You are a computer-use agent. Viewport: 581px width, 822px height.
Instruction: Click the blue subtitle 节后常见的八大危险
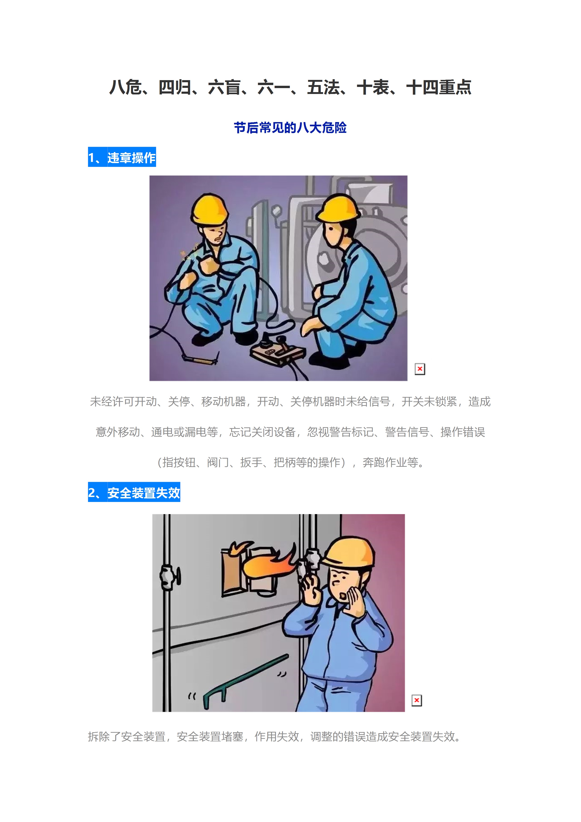[290, 127]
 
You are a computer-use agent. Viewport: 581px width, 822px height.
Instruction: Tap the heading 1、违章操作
[122, 157]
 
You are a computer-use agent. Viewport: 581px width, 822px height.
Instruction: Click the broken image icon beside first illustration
[420, 369]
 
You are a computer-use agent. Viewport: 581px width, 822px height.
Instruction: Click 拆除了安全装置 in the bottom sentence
[127, 736]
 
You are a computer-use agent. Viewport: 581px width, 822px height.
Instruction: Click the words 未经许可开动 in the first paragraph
[123, 401]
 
